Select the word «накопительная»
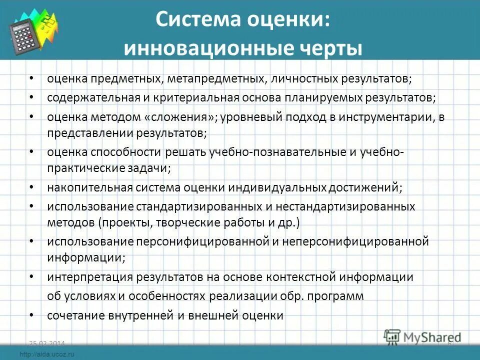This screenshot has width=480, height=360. click(89, 187)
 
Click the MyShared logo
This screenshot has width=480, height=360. click(423, 337)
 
